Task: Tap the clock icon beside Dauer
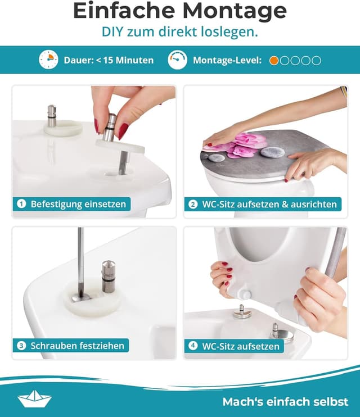pyautogui.click(x=48, y=60)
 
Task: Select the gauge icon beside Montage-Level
pyautogui.click(x=177, y=60)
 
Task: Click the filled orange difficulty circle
pyautogui.click(x=274, y=60)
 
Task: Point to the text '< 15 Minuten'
pyautogui.click(x=124, y=60)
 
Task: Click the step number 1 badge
pyautogui.click(x=21, y=204)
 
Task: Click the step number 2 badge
pyautogui.click(x=193, y=204)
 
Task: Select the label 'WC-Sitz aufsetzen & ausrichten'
pyautogui.click(x=269, y=204)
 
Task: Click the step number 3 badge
pyautogui.click(x=21, y=346)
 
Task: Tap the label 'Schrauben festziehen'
pyautogui.click(x=77, y=346)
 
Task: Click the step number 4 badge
pyautogui.click(x=193, y=346)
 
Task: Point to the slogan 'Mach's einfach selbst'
pyautogui.click(x=285, y=401)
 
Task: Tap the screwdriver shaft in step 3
pyautogui.click(x=80, y=259)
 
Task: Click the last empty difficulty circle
pyautogui.click(x=317, y=60)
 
